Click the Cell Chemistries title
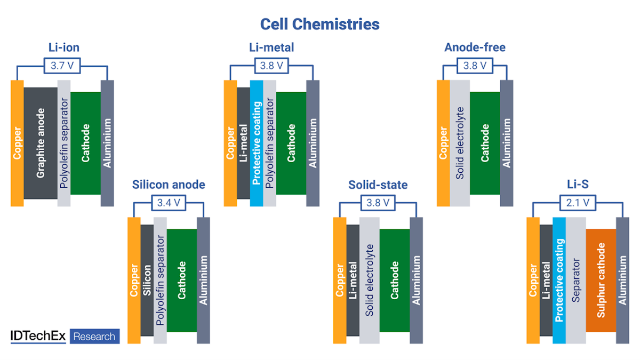tap(319, 24)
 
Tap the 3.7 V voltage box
tap(62, 66)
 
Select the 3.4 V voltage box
tap(169, 203)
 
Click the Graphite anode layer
tap(40, 143)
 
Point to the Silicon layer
tap(147, 280)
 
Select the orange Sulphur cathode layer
tap(601, 280)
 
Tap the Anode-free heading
tap(475, 48)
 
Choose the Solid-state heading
tap(378, 185)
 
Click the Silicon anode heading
tap(169, 185)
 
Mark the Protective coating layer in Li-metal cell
tap(257, 143)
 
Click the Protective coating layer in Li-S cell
tap(559, 280)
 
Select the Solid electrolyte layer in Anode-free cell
tap(460, 143)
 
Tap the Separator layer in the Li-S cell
tap(575, 280)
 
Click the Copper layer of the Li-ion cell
tap(17, 143)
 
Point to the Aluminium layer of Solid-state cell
tap(416, 280)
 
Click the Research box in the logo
tap(94, 337)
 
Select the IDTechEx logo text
tap(38, 337)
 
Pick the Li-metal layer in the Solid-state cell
tap(353, 280)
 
